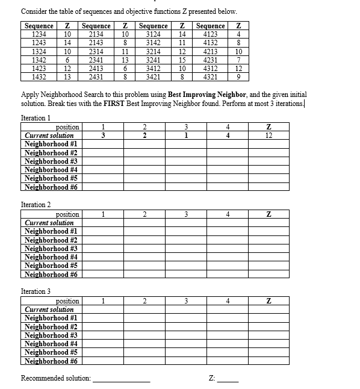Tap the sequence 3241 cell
tap(153, 60)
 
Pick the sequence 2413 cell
tap(96, 69)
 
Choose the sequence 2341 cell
tap(96, 60)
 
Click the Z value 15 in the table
tap(182, 60)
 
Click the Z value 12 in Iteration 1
tap(268, 135)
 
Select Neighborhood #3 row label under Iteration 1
tap(52, 161)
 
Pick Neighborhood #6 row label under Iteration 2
tap(52, 275)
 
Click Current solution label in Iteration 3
tap(49, 310)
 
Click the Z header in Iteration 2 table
tap(268, 214)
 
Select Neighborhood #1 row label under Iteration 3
tap(52, 318)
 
